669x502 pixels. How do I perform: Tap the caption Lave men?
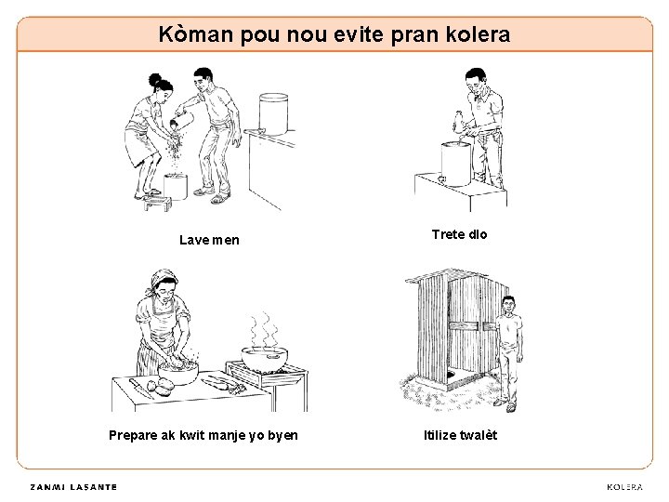pyautogui.click(x=209, y=240)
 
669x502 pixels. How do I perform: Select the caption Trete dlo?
pyautogui.click(x=459, y=234)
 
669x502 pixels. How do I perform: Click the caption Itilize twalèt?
pyautogui.click(x=460, y=435)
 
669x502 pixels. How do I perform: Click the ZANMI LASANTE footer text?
pyautogui.click(x=73, y=487)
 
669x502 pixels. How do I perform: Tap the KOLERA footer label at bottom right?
pyautogui.click(x=624, y=487)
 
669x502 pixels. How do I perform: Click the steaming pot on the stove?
pyautogui.click(x=265, y=359)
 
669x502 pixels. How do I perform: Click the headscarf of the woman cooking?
pyautogui.click(x=162, y=280)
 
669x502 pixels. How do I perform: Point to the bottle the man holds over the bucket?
pyautogui.click(x=458, y=123)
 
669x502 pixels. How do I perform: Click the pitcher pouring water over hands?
pyautogui.click(x=184, y=121)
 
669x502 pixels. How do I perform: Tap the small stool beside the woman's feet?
pyautogui.click(x=157, y=204)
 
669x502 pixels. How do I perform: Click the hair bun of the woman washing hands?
pyautogui.click(x=154, y=79)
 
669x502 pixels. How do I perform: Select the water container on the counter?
pyautogui.click(x=273, y=113)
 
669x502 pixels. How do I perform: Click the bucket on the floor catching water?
pyautogui.click(x=176, y=186)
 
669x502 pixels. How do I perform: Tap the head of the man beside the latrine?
pyautogui.click(x=508, y=305)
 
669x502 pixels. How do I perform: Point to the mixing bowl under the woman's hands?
pyautogui.click(x=178, y=373)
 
